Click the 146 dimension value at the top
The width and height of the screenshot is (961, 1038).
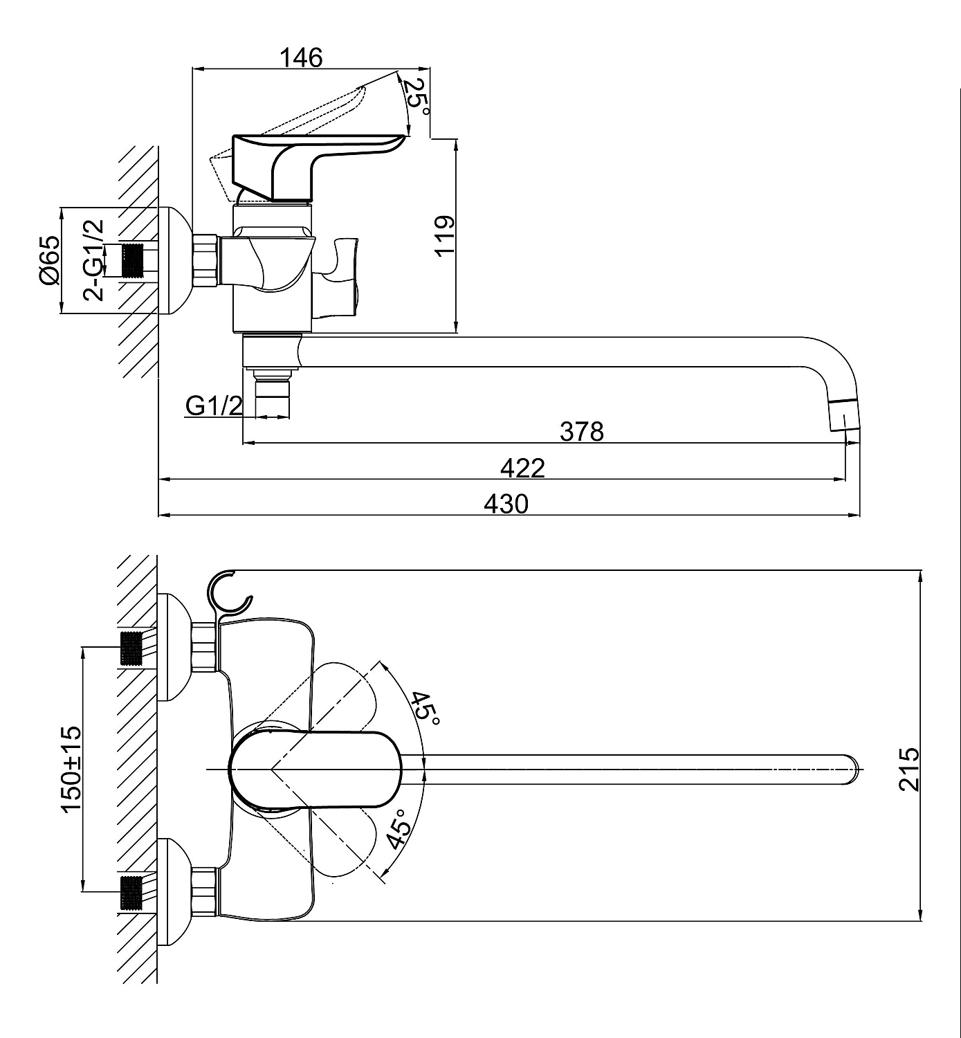pyautogui.click(x=301, y=57)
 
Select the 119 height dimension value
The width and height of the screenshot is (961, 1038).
pyautogui.click(x=444, y=236)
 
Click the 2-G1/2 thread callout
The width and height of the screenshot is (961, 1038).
pyautogui.click(x=94, y=259)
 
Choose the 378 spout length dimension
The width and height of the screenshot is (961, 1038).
pyautogui.click(x=582, y=431)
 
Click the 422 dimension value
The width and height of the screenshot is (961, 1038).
pyautogui.click(x=522, y=468)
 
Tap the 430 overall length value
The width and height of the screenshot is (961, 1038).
pyautogui.click(x=506, y=504)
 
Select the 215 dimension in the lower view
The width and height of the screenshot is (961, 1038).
pyautogui.click(x=908, y=768)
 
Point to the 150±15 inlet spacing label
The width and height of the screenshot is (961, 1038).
pyautogui.click(x=71, y=769)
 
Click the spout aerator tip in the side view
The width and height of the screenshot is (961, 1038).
pyautogui.click(x=843, y=415)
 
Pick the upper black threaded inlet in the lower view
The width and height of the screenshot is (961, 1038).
pyautogui.click(x=131, y=648)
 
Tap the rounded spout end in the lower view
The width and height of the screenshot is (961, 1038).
pyautogui.click(x=852, y=768)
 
